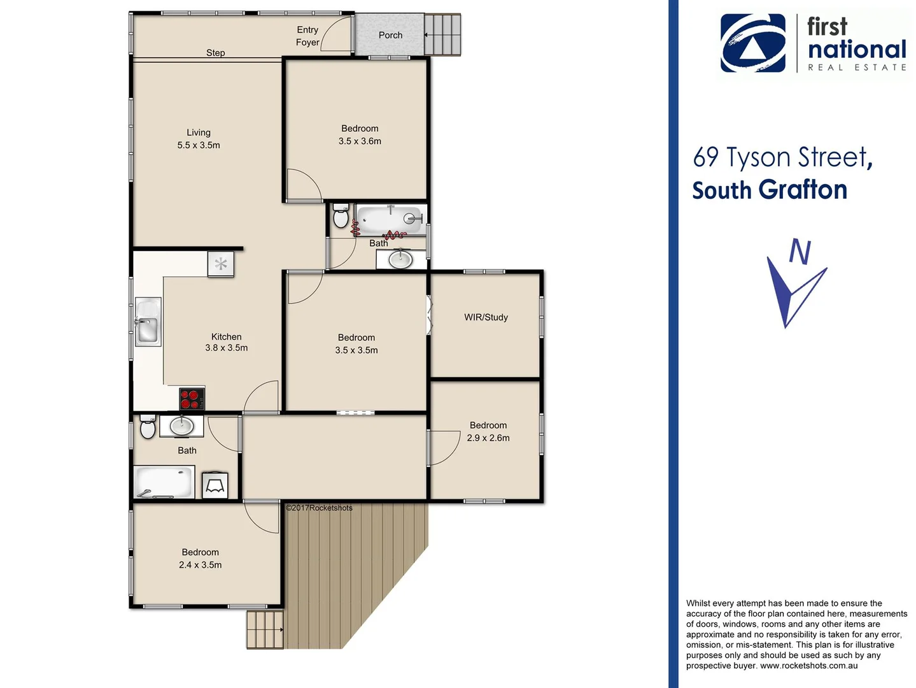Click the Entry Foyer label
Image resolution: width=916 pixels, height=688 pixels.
[307, 36]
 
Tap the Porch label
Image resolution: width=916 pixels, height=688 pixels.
[390, 35]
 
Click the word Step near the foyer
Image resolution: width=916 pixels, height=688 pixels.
[215, 53]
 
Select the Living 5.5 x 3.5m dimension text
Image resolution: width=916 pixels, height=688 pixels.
[199, 145]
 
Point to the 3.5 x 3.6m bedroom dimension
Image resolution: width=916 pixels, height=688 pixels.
[360, 141]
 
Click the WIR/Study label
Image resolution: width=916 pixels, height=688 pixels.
[486, 317]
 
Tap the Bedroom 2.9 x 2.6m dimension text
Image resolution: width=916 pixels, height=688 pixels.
[488, 438]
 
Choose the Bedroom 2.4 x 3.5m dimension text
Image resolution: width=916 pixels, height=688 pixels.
[201, 565]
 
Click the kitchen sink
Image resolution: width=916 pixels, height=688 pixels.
[148, 322]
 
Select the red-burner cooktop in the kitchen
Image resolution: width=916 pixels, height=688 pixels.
[192, 399]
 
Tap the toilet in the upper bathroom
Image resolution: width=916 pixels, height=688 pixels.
[341, 217]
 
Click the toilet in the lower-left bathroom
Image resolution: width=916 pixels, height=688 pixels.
[148, 427]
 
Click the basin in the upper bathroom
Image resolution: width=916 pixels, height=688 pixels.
[400, 259]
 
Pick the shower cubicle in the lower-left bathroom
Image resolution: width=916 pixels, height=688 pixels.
[215, 485]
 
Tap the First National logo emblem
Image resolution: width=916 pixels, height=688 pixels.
[752, 43]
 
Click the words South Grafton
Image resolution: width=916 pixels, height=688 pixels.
[769, 190]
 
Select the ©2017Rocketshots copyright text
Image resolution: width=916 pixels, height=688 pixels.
[319, 508]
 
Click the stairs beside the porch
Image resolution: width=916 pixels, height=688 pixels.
[442, 35]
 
